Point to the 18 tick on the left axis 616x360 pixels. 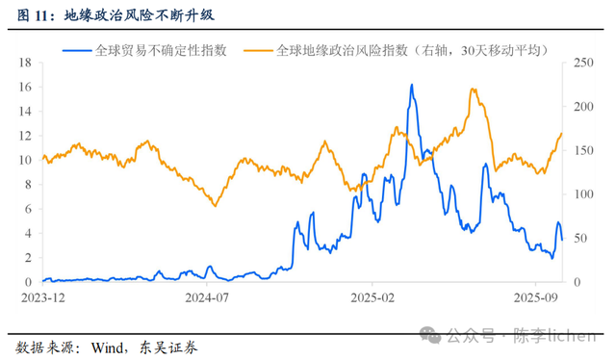pyautogui.click(x=27, y=63)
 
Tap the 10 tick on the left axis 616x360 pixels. pyautogui.click(x=27, y=160)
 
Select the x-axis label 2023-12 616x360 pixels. pyautogui.click(x=39, y=299)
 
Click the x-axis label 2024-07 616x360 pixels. pyautogui.click(x=207, y=299)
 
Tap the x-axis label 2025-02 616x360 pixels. pyautogui.click(x=373, y=299)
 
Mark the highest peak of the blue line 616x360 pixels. pyautogui.click(x=412, y=85)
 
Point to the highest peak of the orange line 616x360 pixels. pyautogui.click(x=473, y=90)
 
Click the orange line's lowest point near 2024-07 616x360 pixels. pyautogui.click(x=215, y=206)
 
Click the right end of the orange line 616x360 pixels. pyautogui.click(x=561, y=134)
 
